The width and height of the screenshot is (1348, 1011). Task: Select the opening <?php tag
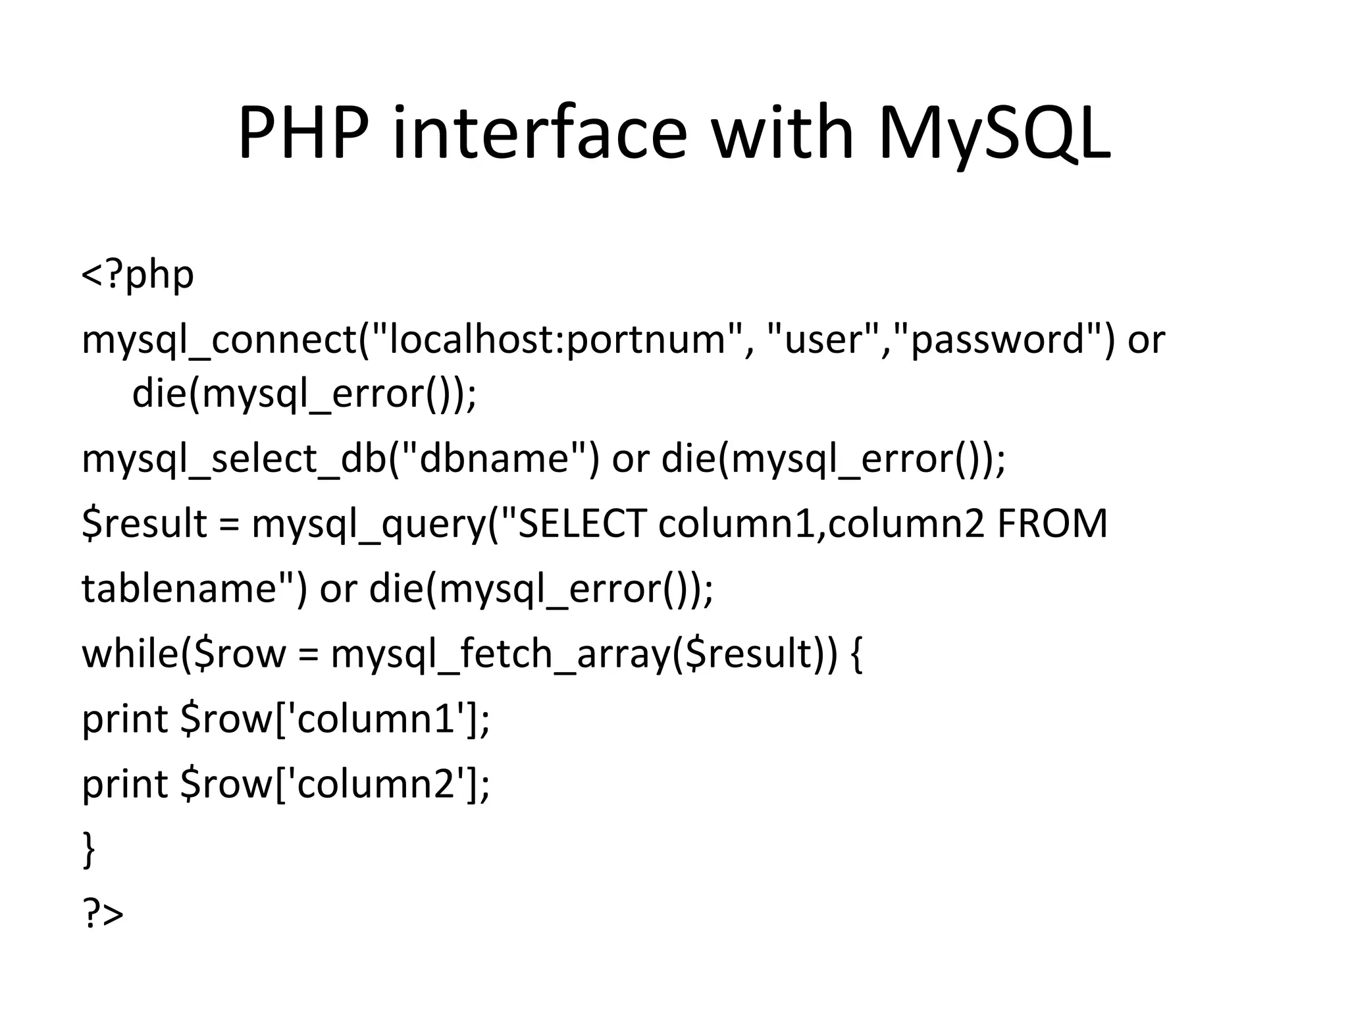pos(138,275)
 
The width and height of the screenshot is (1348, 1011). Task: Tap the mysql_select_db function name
pos(234,459)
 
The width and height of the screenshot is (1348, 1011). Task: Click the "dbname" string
pos(494,459)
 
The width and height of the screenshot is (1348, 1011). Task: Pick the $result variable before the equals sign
pos(145,524)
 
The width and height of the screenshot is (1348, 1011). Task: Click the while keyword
pos(128,654)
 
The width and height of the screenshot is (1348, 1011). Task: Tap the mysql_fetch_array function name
pos(500,654)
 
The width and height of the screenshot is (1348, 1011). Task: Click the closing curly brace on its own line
pos(89,849)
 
